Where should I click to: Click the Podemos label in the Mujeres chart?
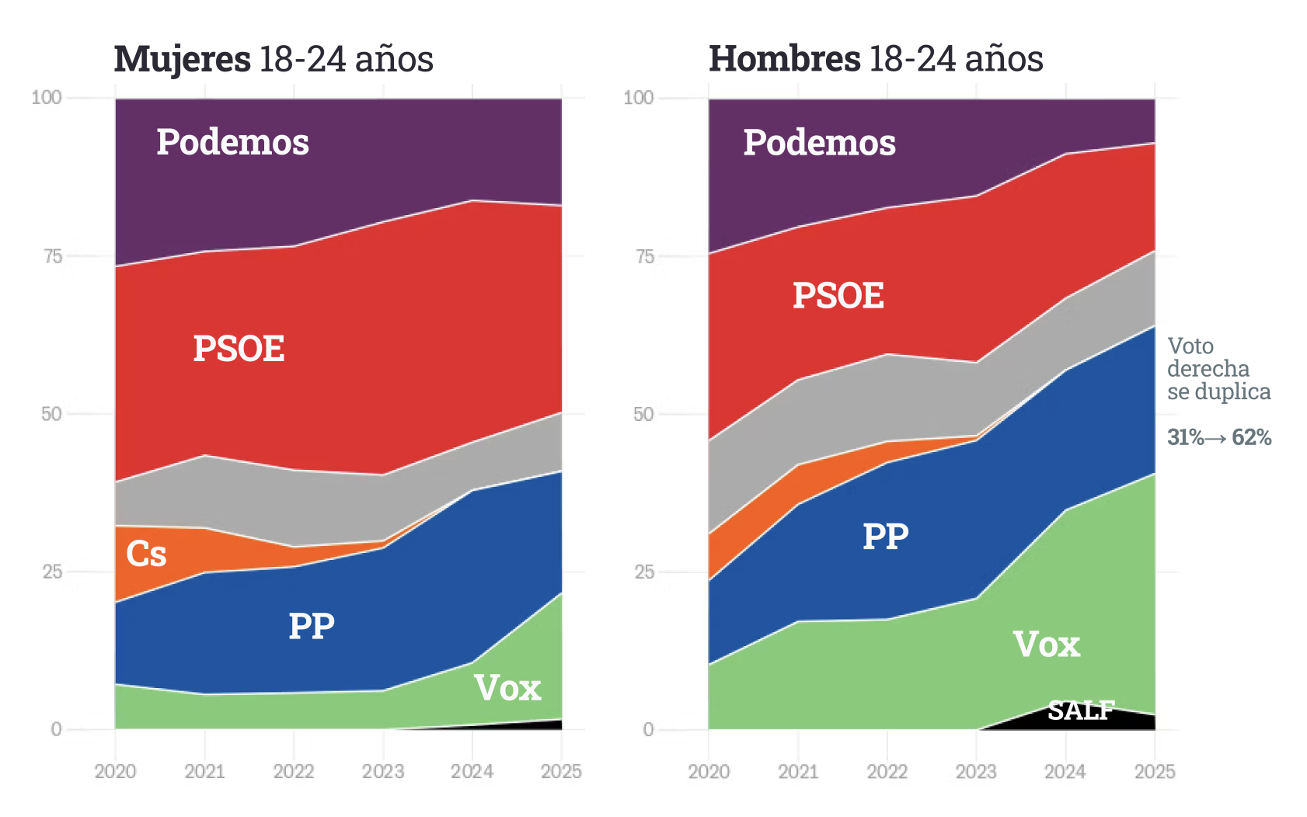(232, 142)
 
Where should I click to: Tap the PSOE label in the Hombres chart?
(838, 296)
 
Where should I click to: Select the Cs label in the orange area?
(146, 554)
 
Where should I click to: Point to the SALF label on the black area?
(1081, 710)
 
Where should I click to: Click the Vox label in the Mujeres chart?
(507, 688)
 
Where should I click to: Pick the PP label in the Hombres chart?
(886, 537)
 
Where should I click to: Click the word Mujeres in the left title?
(183, 59)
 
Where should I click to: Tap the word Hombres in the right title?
(785, 59)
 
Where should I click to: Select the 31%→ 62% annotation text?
(1219, 437)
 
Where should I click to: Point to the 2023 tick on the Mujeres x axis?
(383, 771)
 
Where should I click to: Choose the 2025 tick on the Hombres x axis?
(1155, 771)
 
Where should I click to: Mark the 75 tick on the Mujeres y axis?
(53, 256)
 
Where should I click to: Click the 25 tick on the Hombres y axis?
(645, 572)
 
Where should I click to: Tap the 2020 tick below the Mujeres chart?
(115, 771)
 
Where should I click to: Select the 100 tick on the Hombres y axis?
(639, 98)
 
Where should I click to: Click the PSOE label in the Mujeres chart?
(239, 349)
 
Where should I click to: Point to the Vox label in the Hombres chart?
(1047, 645)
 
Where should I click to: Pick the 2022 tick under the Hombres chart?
(887, 771)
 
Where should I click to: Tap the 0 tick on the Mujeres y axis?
(56, 729)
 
